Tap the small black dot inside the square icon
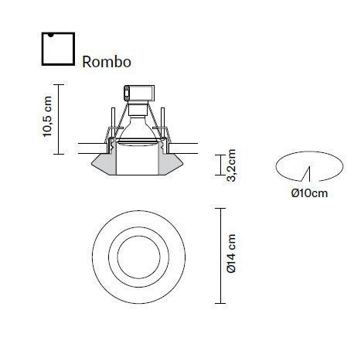point(49,36)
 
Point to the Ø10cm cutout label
point(309,192)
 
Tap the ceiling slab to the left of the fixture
point(89,148)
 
